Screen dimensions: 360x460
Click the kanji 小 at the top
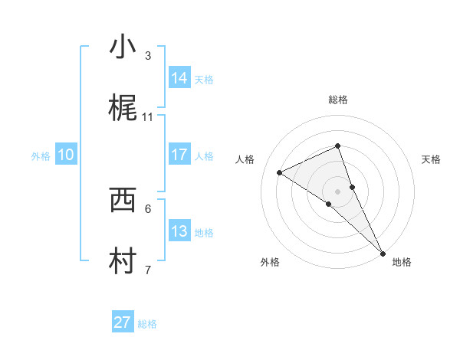123,47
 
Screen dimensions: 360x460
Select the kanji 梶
123,108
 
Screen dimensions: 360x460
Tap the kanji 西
123,200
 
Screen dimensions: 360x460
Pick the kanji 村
123,261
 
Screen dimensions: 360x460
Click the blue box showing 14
179,78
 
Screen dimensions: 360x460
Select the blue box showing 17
179,155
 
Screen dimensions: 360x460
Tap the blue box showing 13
179,231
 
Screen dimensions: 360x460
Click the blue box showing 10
66,155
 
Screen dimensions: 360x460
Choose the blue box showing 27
123,322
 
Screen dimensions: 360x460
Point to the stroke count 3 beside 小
148,55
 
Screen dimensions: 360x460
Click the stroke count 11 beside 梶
148,116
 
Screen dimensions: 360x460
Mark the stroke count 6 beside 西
148,208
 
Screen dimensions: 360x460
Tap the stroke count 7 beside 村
148,270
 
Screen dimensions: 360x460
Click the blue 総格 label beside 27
147,324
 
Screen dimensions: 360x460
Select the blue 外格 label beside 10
41,156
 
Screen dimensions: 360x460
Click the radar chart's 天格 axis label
432,159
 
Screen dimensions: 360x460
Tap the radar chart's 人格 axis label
245,159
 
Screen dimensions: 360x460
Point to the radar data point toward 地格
383,252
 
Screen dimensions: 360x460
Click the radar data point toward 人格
280,172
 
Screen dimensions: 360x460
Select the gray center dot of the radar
337,191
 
